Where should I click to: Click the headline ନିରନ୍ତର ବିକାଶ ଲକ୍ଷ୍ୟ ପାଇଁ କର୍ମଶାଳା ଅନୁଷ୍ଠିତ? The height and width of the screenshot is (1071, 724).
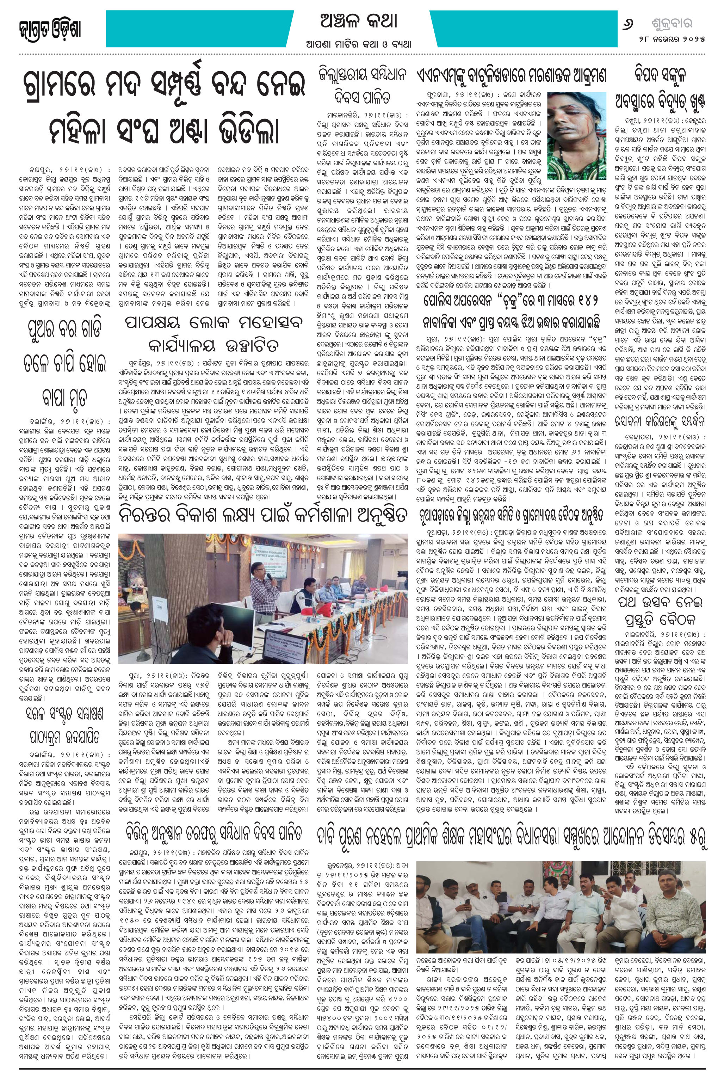(x=262, y=517)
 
